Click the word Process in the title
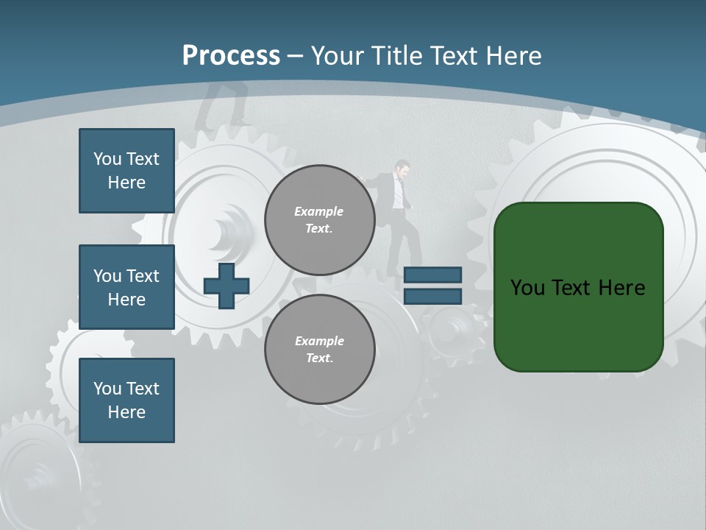point(231,56)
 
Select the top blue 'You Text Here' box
point(126,171)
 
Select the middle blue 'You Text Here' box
point(126,287)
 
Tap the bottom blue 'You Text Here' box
point(126,400)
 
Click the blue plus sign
point(227,286)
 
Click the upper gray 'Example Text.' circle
point(319,220)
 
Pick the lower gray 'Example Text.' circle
point(319,350)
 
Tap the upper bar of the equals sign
point(432,275)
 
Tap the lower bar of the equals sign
point(432,297)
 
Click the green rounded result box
point(578,287)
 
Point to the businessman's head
point(401,169)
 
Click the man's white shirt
point(398,193)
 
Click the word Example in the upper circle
point(318,211)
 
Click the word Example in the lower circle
point(318,341)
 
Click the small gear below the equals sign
point(451,328)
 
